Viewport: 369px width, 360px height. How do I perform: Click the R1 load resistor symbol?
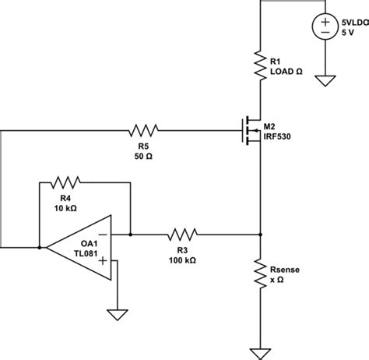pyautogui.click(x=259, y=64)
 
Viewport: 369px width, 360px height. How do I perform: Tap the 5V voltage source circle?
pyautogui.click(x=325, y=27)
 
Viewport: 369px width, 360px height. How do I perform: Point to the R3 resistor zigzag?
pyautogui.click(x=181, y=233)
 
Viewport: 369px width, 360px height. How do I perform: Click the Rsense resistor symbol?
pyautogui.click(x=259, y=274)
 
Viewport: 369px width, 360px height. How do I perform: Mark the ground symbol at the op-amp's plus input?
pyautogui.click(x=117, y=313)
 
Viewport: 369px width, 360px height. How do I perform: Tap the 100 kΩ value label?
pyautogui.click(x=181, y=260)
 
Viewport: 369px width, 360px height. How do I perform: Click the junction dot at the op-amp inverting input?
pyautogui.click(x=131, y=233)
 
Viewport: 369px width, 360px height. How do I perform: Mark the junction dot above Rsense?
pyautogui.click(x=259, y=233)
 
